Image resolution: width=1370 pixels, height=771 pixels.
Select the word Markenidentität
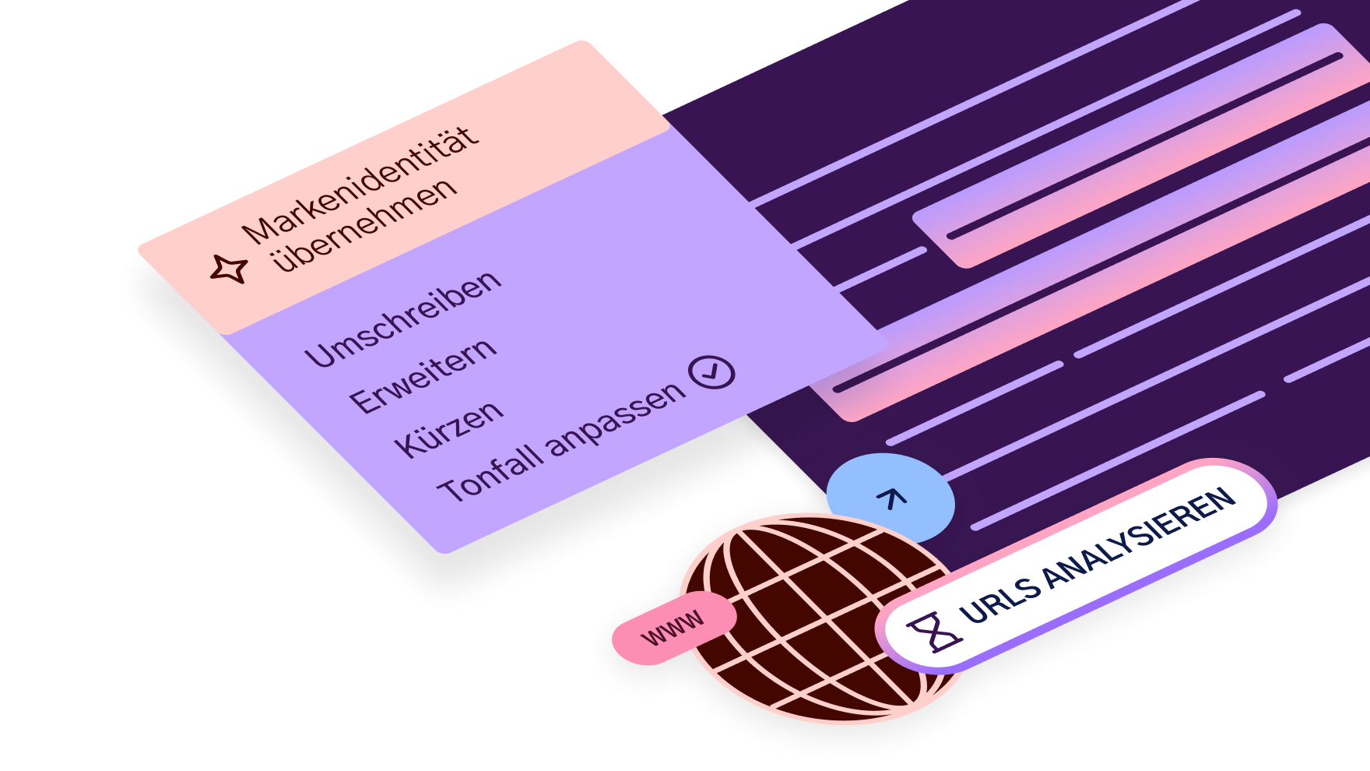click(360, 185)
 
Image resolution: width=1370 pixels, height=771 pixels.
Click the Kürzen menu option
click(449, 429)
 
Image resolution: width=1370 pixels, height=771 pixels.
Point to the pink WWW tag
click(673, 628)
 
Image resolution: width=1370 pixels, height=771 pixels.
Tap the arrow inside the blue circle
click(891, 498)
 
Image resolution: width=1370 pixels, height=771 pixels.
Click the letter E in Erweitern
click(362, 401)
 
